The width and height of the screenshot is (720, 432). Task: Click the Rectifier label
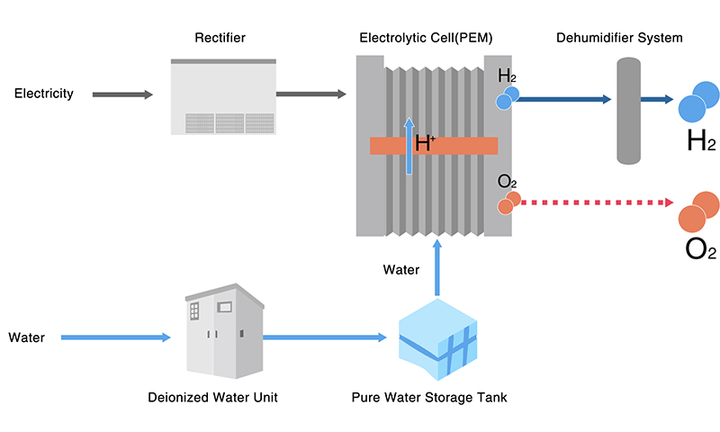pyautogui.click(x=220, y=38)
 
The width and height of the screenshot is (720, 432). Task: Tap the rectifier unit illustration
pyautogui.click(x=222, y=97)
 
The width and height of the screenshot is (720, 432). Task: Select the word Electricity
pyautogui.click(x=43, y=94)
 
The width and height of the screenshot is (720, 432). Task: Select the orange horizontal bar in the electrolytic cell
pyautogui.click(x=468, y=146)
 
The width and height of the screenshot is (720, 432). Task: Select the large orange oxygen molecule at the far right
pyautogui.click(x=698, y=211)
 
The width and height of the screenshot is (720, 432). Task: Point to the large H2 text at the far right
pyautogui.click(x=700, y=141)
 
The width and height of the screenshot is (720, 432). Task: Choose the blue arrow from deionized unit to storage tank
pyautogui.click(x=324, y=338)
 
